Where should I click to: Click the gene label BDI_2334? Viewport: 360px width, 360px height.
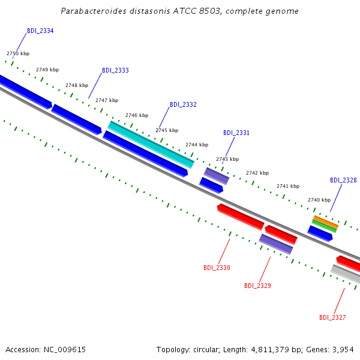click(x=40, y=31)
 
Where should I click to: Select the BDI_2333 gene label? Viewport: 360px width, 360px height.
click(x=115, y=70)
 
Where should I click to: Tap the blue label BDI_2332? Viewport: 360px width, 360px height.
click(x=183, y=104)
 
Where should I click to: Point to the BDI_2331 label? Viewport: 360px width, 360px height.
click(x=236, y=133)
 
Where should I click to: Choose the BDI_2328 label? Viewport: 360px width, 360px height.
click(x=343, y=180)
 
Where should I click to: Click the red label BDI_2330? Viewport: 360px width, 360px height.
click(x=217, y=268)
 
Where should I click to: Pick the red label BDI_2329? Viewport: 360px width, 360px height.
click(x=257, y=286)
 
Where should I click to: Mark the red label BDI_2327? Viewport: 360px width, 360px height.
click(x=332, y=317)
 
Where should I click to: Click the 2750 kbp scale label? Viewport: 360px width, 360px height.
click(x=18, y=53)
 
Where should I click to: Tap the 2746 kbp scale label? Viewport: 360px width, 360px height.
click(x=137, y=115)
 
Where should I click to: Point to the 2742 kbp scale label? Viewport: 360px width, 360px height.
click(x=257, y=173)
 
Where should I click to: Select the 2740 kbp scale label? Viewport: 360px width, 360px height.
click(x=319, y=200)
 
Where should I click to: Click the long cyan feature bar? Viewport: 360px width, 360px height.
click(x=151, y=145)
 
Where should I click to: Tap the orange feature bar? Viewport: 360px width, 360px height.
click(x=326, y=222)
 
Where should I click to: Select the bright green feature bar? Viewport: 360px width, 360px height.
click(x=324, y=226)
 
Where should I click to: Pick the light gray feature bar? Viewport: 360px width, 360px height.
click(x=346, y=274)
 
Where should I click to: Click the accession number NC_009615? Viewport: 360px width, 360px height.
click(x=65, y=350)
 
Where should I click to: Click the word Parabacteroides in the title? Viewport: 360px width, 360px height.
click(x=94, y=11)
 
